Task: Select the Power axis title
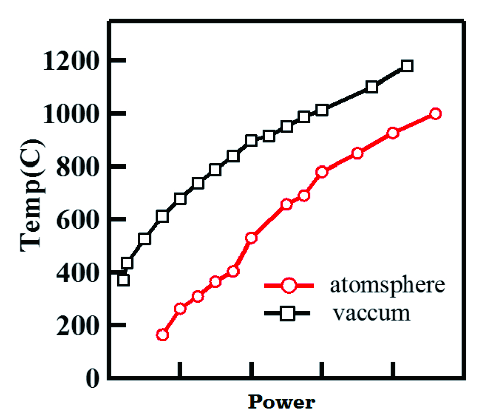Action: tap(281, 402)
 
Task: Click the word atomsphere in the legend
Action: tap(387, 285)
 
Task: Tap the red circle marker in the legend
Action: tap(288, 285)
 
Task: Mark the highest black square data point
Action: tap(407, 66)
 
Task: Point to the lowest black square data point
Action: tap(123, 280)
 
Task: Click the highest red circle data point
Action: tap(435, 114)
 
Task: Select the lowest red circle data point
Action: tap(162, 335)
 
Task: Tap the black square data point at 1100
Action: tap(372, 87)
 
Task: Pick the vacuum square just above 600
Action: tap(162, 216)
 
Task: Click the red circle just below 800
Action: tap(322, 172)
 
